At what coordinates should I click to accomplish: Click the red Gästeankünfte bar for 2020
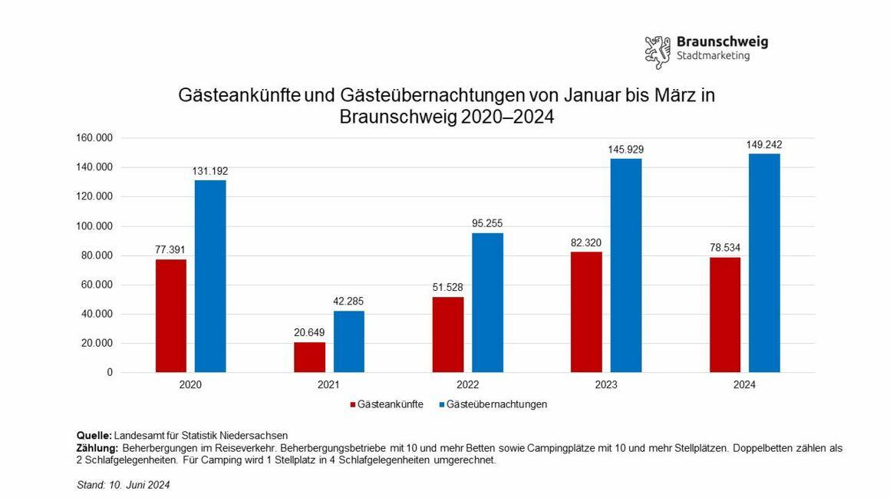[170, 315]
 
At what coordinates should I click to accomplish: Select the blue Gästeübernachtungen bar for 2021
[348, 341]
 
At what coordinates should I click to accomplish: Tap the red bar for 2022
[448, 335]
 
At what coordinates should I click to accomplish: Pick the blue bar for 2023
[626, 265]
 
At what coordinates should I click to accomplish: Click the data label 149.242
[764, 144]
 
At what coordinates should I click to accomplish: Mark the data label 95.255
[487, 223]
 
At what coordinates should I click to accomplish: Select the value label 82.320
[586, 242]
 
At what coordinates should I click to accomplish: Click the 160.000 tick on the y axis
[94, 138]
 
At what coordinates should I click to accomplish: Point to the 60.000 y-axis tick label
[97, 285]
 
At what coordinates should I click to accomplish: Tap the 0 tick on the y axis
[110, 372]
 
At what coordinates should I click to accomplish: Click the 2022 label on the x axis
[467, 385]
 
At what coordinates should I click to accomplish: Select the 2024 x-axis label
[744, 385]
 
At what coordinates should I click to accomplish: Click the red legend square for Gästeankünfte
[353, 404]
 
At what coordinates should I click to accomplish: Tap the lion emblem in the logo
[658, 52]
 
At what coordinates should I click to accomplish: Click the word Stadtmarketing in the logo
[713, 56]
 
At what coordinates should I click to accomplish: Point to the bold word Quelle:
[95, 435]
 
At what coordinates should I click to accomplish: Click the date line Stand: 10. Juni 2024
[124, 485]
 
